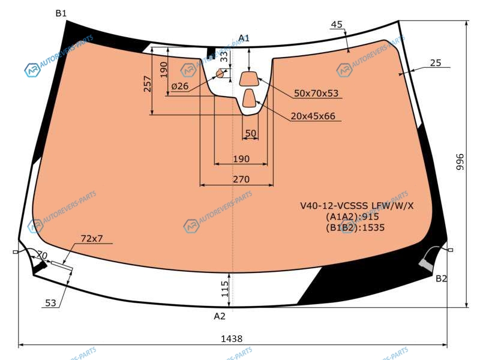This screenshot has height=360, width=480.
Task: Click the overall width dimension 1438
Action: (232, 338)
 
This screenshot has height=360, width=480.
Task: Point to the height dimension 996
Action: (460, 162)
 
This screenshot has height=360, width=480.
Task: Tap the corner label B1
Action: (61, 13)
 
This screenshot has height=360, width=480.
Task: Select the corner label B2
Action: (441, 278)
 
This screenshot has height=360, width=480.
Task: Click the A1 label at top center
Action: (244, 38)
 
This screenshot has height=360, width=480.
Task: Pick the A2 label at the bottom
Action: (220, 316)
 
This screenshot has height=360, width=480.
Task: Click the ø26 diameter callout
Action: (179, 86)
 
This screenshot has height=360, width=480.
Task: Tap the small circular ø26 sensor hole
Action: (220, 73)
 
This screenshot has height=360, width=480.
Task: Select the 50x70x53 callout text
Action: (316, 93)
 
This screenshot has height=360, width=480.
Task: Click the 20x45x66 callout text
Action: (313, 116)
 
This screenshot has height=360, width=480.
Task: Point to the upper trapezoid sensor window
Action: (249, 79)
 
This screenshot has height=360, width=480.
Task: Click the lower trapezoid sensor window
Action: (250, 98)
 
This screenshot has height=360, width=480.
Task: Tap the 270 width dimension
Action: (241, 179)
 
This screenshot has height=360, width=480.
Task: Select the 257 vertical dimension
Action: (147, 84)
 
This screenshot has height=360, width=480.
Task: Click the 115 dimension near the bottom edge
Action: (224, 289)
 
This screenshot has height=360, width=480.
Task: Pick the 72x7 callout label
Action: (92, 238)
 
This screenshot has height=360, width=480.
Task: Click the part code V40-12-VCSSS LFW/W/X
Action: (356, 205)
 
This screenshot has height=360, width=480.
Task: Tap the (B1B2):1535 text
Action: (355, 227)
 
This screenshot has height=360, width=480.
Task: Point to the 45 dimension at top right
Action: (337, 25)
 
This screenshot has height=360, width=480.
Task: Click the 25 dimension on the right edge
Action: (436, 63)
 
